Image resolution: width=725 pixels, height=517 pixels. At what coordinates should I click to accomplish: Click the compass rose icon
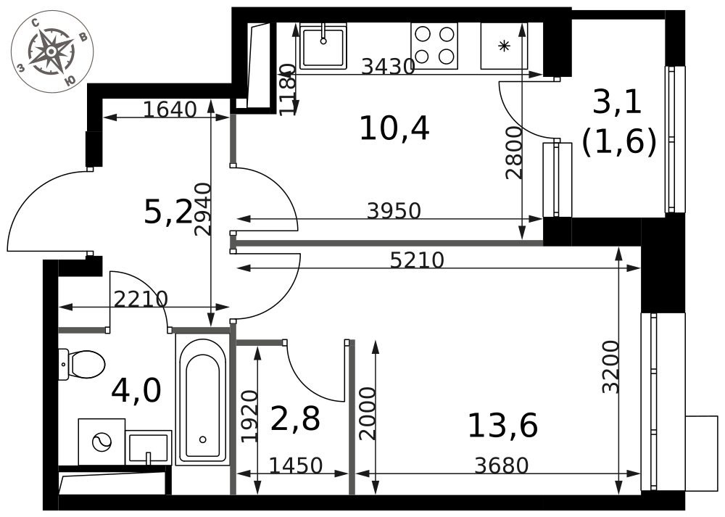click(x=52, y=51)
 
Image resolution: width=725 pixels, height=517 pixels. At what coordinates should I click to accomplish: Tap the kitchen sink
click(x=323, y=47)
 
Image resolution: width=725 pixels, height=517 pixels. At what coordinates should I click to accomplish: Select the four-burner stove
click(x=434, y=46)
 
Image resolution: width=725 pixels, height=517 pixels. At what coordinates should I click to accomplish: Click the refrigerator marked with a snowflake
click(x=504, y=46)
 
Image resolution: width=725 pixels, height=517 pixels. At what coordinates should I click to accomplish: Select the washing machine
click(x=101, y=442)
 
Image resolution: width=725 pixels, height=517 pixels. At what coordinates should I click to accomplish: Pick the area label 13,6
click(x=502, y=426)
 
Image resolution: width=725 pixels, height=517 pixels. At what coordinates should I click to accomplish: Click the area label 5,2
click(x=168, y=213)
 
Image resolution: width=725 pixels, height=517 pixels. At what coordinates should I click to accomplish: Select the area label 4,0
click(x=136, y=390)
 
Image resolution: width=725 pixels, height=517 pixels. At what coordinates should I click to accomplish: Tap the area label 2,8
click(x=295, y=419)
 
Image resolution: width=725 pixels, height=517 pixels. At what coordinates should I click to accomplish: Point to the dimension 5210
click(x=417, y=260)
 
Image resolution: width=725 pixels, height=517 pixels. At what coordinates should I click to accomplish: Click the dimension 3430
click(x=387, y=67)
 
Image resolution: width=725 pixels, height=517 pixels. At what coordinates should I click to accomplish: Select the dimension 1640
click(x=170, y=109)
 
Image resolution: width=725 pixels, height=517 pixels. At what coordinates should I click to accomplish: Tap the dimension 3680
click(x=502, y=466)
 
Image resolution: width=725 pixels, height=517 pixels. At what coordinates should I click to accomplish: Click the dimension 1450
click(x=296, y=466)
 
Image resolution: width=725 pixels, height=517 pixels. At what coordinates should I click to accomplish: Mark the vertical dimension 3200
click(x=610, y=367)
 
